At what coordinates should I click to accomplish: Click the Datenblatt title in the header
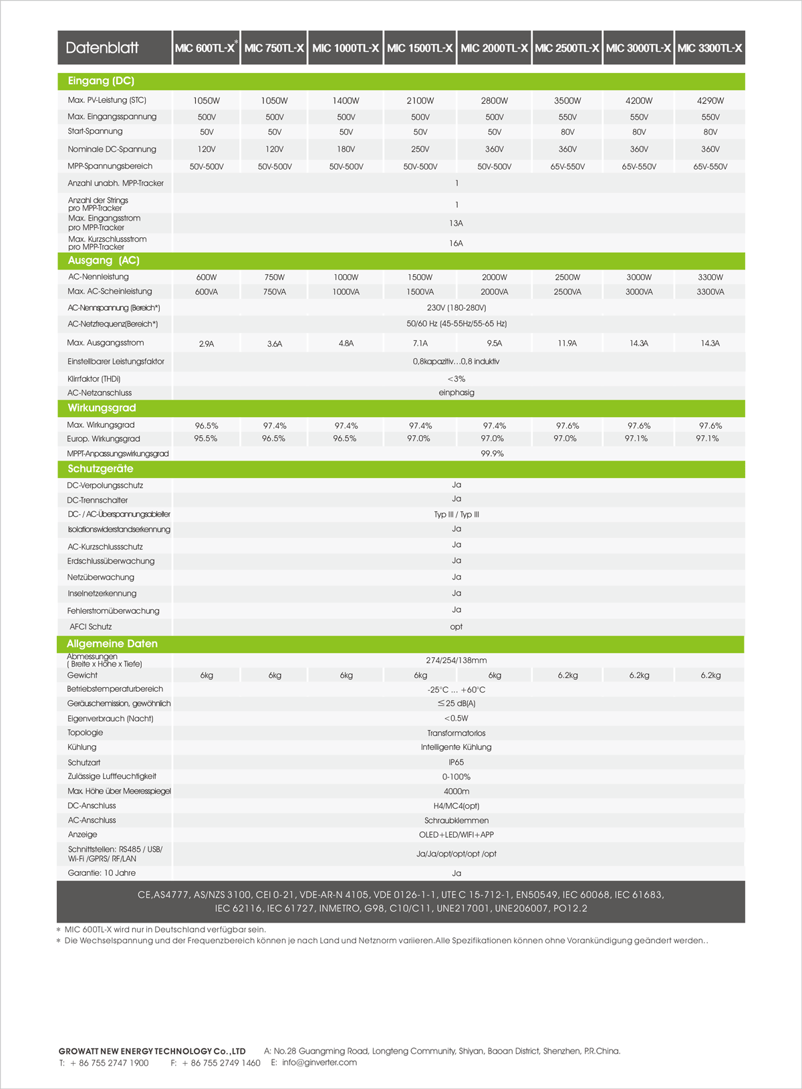pos(102,47)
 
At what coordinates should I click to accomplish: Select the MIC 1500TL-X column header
pos(420,48)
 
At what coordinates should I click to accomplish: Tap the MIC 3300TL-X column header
pos(710,48)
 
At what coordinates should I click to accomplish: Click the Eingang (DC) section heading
pos(101,81)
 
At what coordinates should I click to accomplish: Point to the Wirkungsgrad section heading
pos(102,408)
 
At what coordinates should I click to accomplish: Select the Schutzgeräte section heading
pos(100,469)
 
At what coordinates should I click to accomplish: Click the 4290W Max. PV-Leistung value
pos(710,101)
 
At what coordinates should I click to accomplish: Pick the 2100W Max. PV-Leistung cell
pos(420,101)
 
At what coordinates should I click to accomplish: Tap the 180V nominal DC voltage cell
pos(346,150)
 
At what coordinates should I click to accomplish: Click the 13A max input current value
pos(456,223)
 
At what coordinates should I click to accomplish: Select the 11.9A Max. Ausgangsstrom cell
pos(567,344)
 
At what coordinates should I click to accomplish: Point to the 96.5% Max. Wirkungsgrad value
pos(207,426)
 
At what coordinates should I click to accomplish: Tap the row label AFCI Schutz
pos(91,627)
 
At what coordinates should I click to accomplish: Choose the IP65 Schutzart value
pos(456,762)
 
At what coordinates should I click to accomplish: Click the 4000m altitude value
pos(456,792)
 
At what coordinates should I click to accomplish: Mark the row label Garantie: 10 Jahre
pos(102,873)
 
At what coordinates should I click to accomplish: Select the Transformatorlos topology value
pos(456,733)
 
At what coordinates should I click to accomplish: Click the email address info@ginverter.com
pos(319,1062)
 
